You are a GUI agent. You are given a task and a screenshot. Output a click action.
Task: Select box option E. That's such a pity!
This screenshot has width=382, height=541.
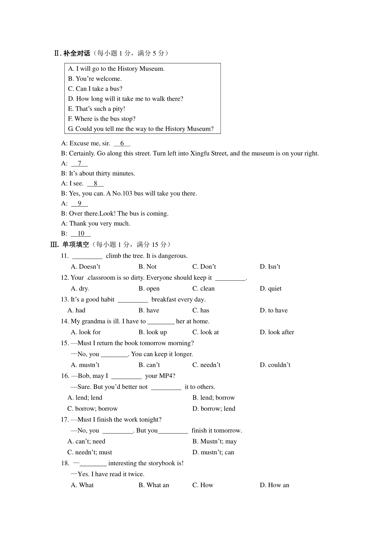(x=96, y=109)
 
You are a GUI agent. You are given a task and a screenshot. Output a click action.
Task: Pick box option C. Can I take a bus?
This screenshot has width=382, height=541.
(x=95, y=89)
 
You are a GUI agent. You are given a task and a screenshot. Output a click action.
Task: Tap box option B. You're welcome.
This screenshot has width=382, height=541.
(x=95, y=79)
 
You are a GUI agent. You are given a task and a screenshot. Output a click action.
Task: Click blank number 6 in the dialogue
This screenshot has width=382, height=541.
(x=122, y=143)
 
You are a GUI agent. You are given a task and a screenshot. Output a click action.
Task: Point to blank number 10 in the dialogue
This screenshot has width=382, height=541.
(x=81, y=234)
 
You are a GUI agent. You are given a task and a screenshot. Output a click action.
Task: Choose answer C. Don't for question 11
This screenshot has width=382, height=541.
(x=204, y=266)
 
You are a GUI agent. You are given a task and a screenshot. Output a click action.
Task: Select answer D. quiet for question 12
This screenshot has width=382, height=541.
(x=271, y=288)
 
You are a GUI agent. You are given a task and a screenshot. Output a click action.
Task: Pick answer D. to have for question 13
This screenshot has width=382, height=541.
(x=273, y=310)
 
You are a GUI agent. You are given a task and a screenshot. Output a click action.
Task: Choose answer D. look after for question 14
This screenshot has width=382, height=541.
(x=277, y=332)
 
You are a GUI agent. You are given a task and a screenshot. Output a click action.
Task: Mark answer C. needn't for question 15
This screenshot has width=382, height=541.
(x=206, y=365)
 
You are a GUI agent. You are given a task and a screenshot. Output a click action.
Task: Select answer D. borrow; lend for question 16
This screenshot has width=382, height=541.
(x=214, y=408)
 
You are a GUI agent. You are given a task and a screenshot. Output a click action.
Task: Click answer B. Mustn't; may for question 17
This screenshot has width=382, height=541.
(x=215, y=441)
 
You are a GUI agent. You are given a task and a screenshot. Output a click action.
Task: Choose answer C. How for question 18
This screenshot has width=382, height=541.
(x=203, y=485)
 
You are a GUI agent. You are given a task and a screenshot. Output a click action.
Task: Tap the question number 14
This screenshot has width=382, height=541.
(x=65, y=321)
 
